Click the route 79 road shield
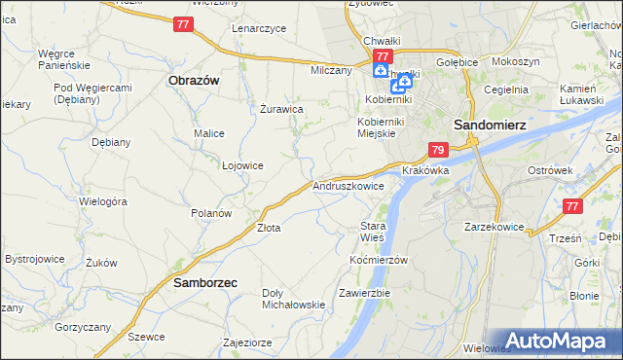point(438,151)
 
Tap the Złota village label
point(269,229)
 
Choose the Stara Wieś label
point(373,232)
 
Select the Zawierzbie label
point(364,293)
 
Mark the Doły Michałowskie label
point(293,299)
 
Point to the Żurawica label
point(281,109)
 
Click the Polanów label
point(211,213)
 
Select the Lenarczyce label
point(259,28)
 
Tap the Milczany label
point(330,71)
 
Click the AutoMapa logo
point(558,342)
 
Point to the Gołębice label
point(458,62)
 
